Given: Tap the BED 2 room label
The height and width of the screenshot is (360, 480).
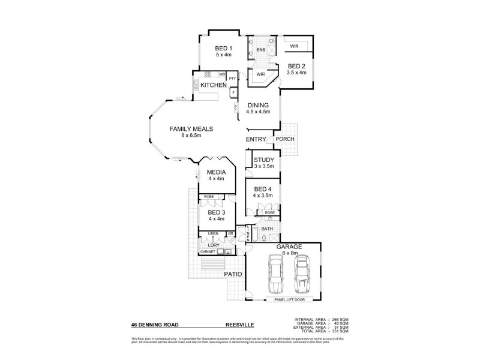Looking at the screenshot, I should (x=296, y=66).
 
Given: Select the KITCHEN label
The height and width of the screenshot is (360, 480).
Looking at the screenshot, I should (x=213, y=86).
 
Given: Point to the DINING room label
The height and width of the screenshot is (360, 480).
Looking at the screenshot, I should (x=258, y=106).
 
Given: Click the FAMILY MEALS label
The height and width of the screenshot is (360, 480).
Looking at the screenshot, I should (x=191, y=129).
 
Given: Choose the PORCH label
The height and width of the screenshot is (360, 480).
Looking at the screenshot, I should (x=284, y=139).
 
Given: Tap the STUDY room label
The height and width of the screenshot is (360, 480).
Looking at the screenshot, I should (x=263, y=160).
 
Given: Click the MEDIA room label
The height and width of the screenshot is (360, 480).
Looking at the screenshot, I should (x=216, y=172).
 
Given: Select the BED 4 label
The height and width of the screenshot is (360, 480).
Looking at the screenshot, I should (x=263, y=189).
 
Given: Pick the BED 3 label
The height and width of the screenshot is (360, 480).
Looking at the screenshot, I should (x=216, y=212).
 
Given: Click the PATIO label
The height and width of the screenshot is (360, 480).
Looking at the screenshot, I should (x=233, y=274).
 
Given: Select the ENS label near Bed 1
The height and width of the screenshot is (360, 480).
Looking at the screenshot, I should (x=260, y=49).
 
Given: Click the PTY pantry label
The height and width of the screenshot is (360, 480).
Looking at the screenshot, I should (x=232, y=79).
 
